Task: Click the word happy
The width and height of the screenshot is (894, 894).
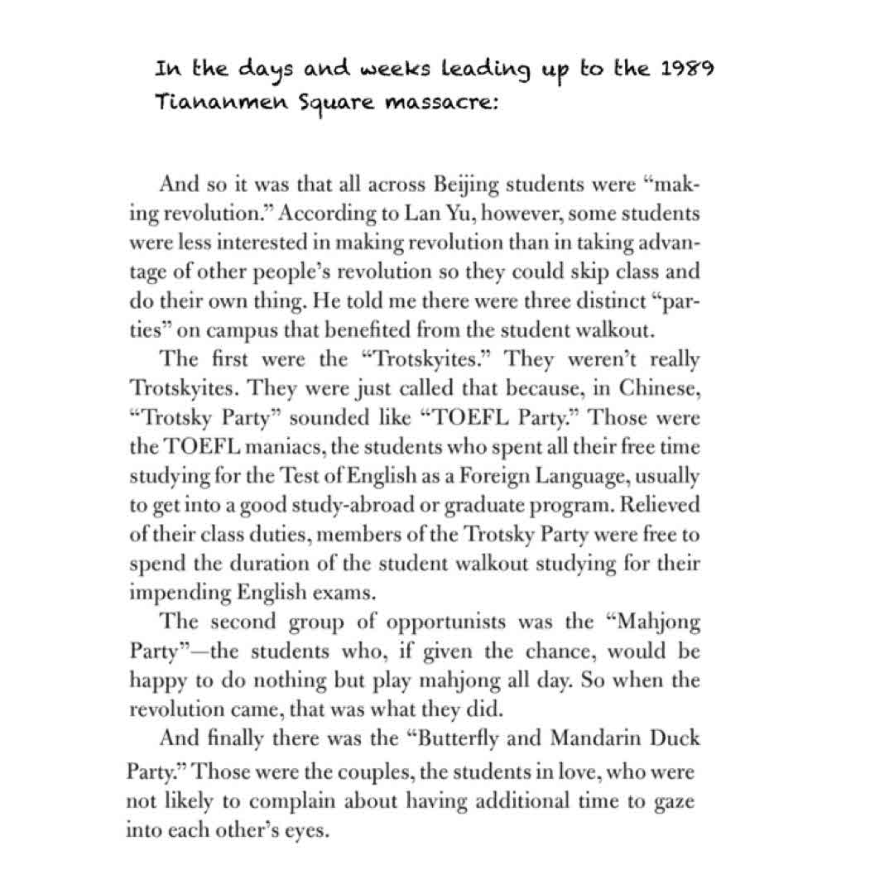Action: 155,681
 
